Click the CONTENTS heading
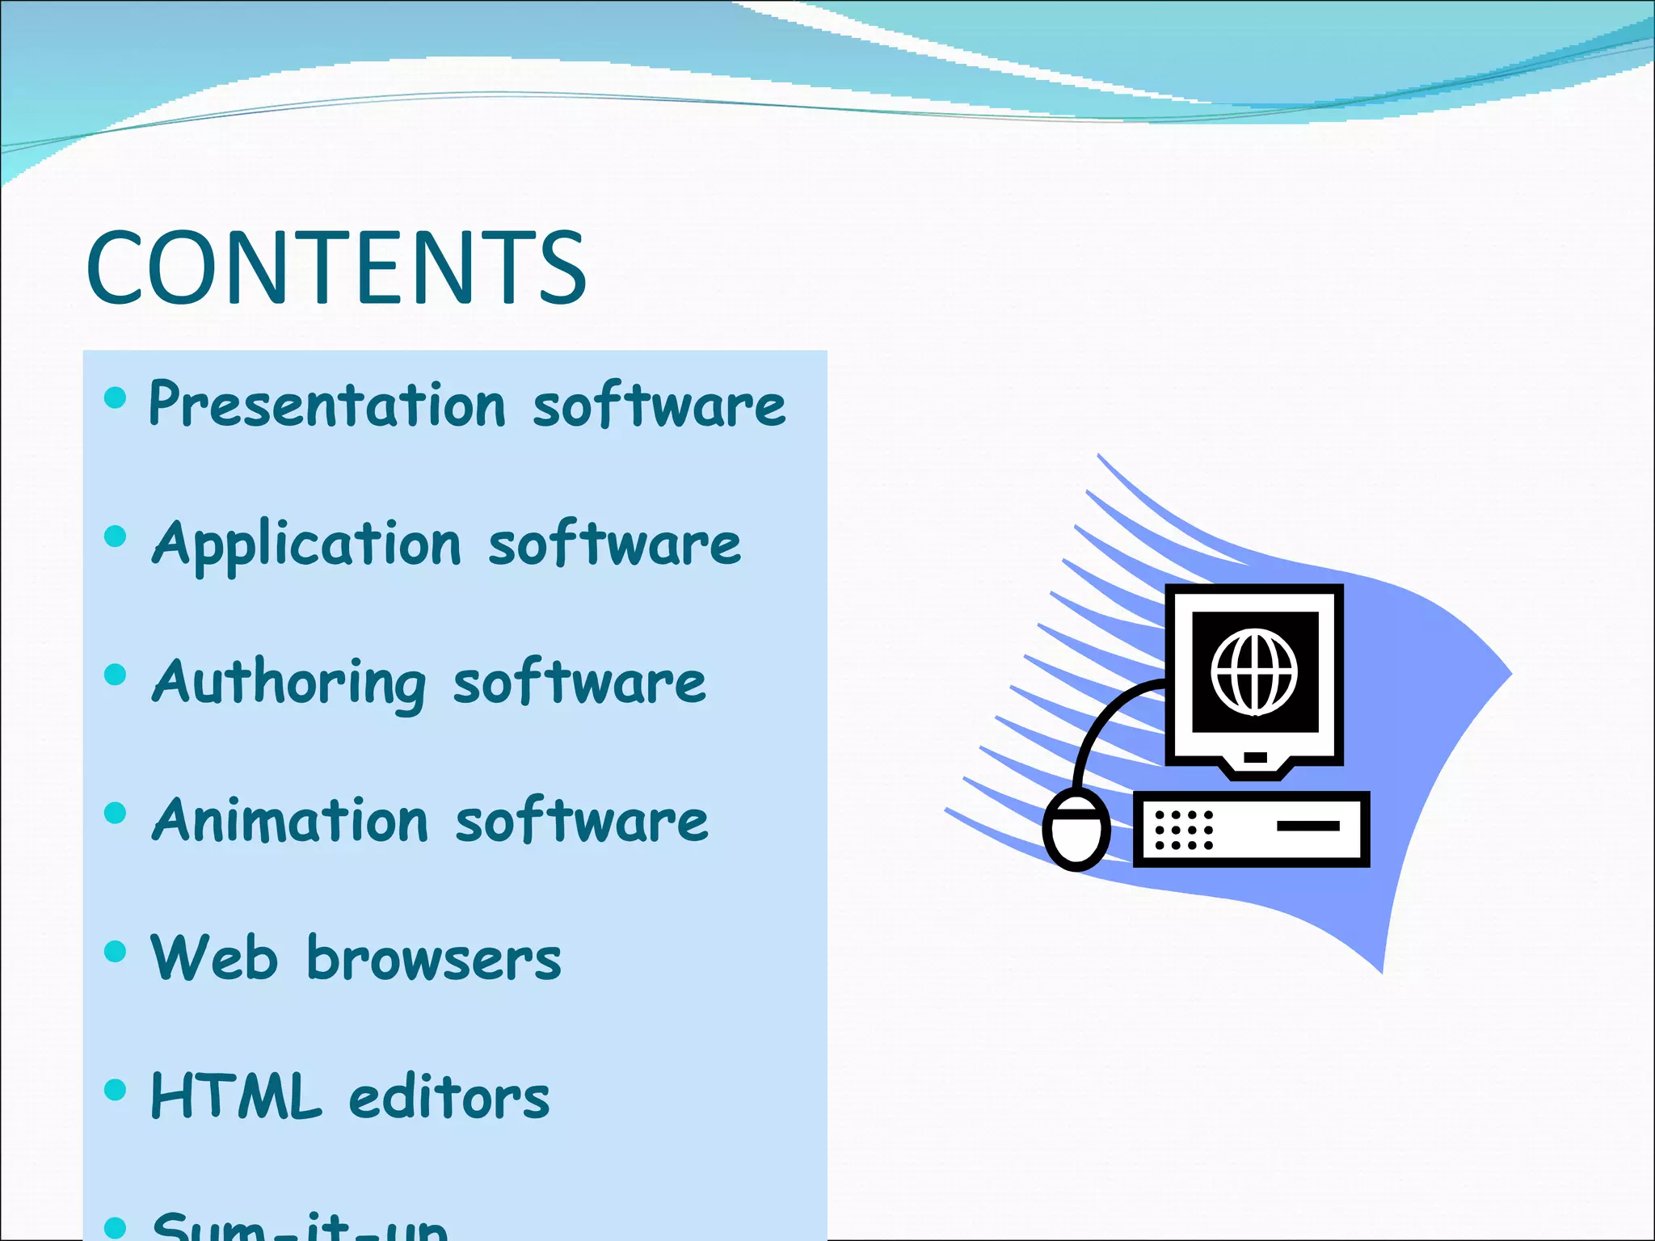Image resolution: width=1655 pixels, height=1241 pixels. (x=336, y=268)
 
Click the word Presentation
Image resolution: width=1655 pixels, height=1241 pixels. (x=327, y=404)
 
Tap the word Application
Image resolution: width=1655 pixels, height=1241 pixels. (x=307, y=544)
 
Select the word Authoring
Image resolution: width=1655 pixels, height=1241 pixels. (x=288, y=683)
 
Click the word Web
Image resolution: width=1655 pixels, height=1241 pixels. (x=214, y=958)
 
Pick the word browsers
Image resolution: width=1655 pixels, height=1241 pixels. (x=434, y=960)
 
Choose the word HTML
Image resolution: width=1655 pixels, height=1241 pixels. (x=236, y=1097)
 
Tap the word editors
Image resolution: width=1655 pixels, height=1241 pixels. (x=449, y=1097)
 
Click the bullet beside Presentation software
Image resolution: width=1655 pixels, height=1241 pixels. (x=116, y=398)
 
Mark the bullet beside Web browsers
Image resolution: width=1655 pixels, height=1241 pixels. (x=116, y=951)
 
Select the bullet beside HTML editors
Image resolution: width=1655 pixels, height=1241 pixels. (x=116, y=1090)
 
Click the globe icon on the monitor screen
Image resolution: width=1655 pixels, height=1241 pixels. (x=1254, y=672)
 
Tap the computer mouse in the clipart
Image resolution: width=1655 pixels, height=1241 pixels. (x=1076, y=831)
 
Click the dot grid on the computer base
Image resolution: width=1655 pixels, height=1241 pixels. (x=1184, y=830)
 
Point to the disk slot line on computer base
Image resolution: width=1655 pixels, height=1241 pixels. (x=1308, y=826)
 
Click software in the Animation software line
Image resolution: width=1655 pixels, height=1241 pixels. (x=582, y=821)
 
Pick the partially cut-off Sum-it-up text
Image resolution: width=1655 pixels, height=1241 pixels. (x=299, y=1228)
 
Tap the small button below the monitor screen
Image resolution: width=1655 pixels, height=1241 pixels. (x=1255, y=757)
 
